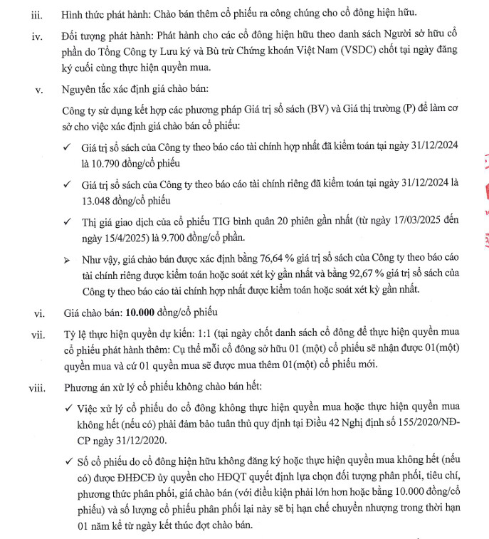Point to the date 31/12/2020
pyautogui.click(x=127, y=443)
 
